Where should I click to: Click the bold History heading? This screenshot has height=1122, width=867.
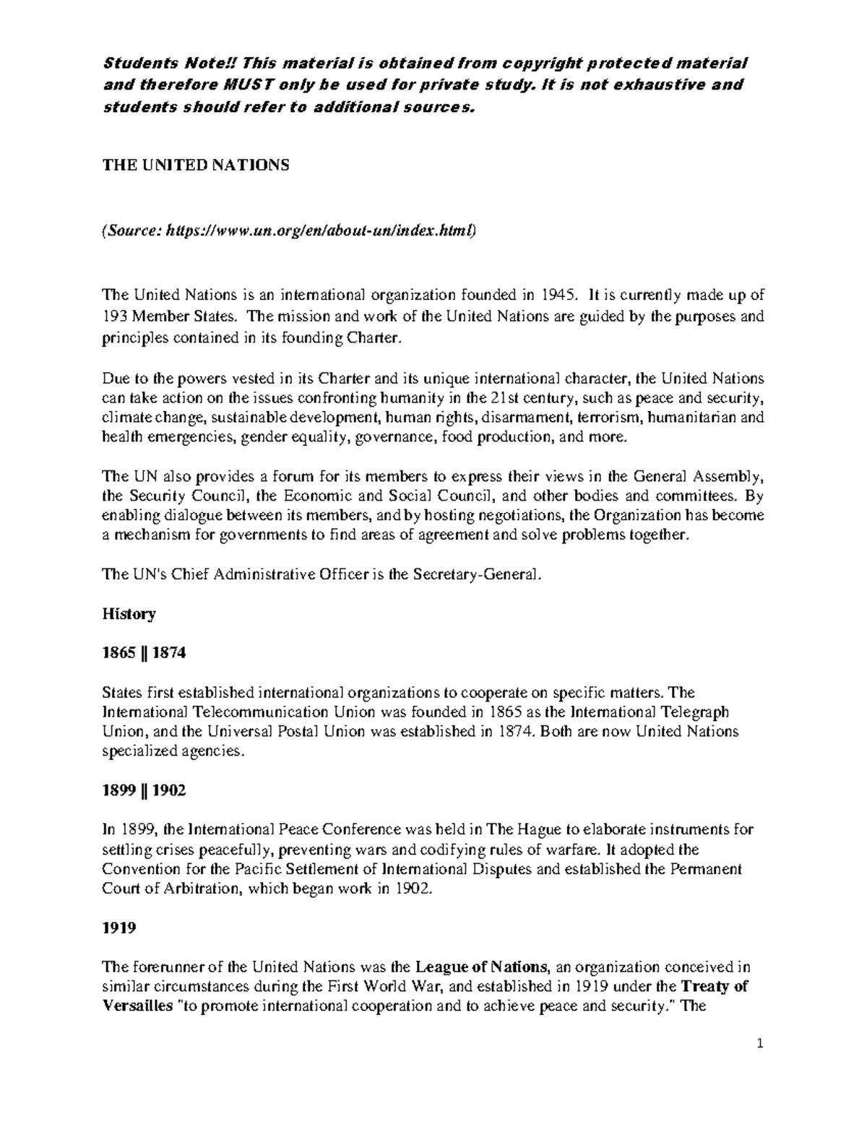pyautogui.click(x=129, y=614)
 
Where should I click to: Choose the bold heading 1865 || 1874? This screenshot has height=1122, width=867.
pyautogui.click(x=144, y=653)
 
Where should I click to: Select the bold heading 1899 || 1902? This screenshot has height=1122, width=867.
pyautogui.click(x=144, y=790)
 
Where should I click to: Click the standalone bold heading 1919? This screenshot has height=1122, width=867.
pyautogui.click(x=119, y=928)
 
